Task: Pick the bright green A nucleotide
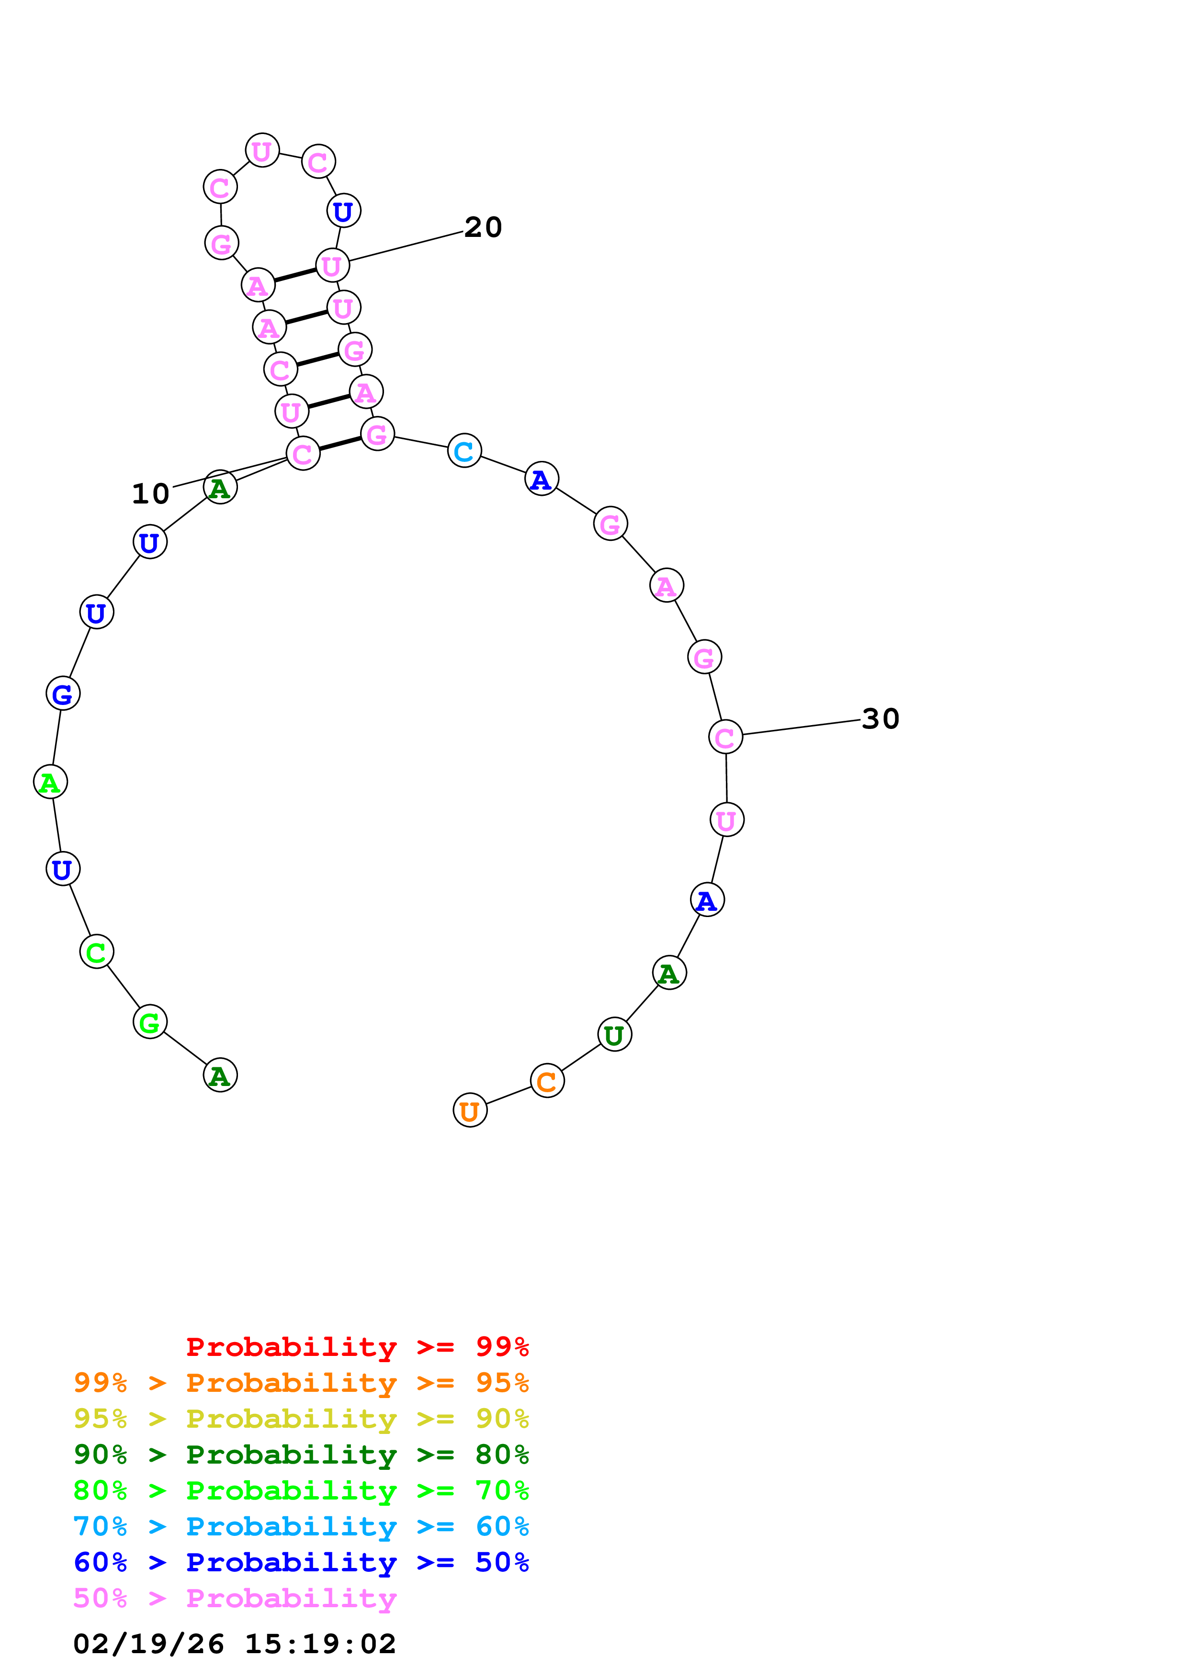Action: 50,782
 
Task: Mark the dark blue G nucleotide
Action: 63,693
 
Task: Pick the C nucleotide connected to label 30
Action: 725,737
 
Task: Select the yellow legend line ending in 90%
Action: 301,1419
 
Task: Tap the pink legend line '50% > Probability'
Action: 235,1599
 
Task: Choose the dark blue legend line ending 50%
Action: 301,1562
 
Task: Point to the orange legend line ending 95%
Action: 301,1383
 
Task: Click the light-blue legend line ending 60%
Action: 301,1526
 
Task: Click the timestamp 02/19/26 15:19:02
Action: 235,1644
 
